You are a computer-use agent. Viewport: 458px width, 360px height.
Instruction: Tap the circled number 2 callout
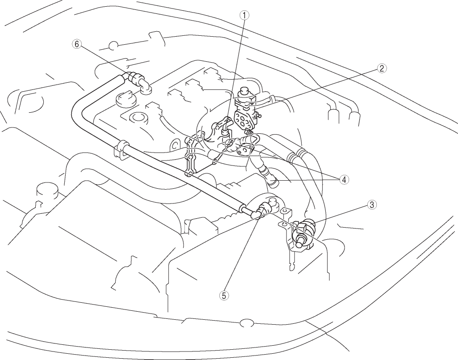tap(382, 68)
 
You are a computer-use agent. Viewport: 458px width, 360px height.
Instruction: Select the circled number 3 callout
tap(371, 205)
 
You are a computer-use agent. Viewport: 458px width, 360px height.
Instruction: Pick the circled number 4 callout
tap(344, 180)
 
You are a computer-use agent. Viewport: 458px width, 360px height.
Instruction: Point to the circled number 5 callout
tap(224, 296)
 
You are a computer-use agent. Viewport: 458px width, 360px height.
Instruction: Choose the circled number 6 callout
tap(76, 44)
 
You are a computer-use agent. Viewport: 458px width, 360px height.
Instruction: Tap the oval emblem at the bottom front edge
tap(246, 323)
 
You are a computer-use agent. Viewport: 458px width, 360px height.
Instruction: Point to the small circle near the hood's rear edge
tap(113, 45)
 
